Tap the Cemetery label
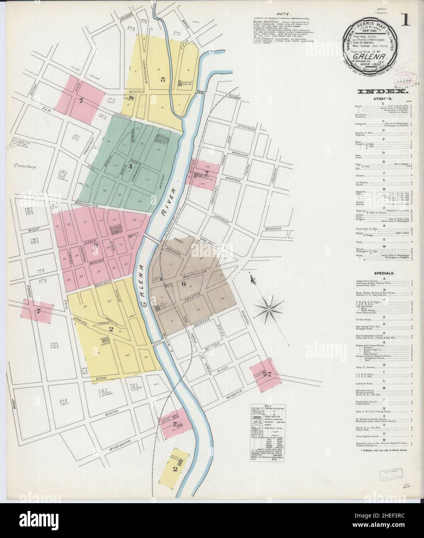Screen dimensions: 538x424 (x=24, y=168)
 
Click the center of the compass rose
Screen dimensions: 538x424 (x=269, y=309)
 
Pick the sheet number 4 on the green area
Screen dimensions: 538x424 (x=131, y=167)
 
